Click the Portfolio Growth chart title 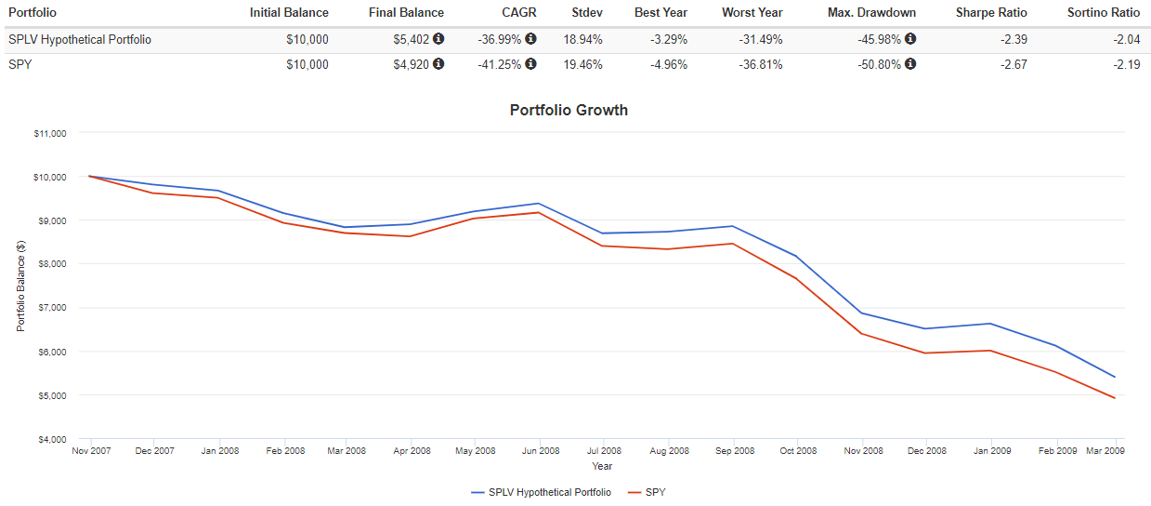[569, 110]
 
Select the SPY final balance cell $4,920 [408, 64]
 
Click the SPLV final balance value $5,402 [408, 40]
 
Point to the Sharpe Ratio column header [991, 13]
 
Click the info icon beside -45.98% [910, 40]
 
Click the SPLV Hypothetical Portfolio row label [80, 40]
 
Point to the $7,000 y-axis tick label [51, 308]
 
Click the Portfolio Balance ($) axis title [20, 286]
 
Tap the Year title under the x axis [602, 466]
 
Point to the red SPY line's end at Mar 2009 [1114, 398]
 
